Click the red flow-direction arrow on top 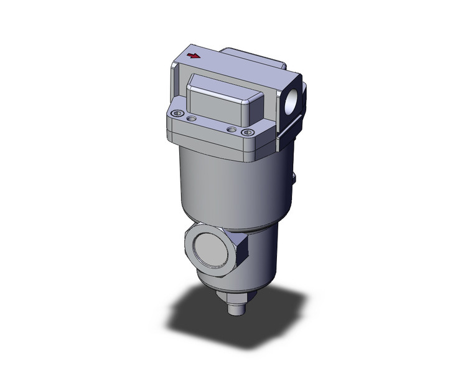[x=194, y=56]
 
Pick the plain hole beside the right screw [x=232, y=129]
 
